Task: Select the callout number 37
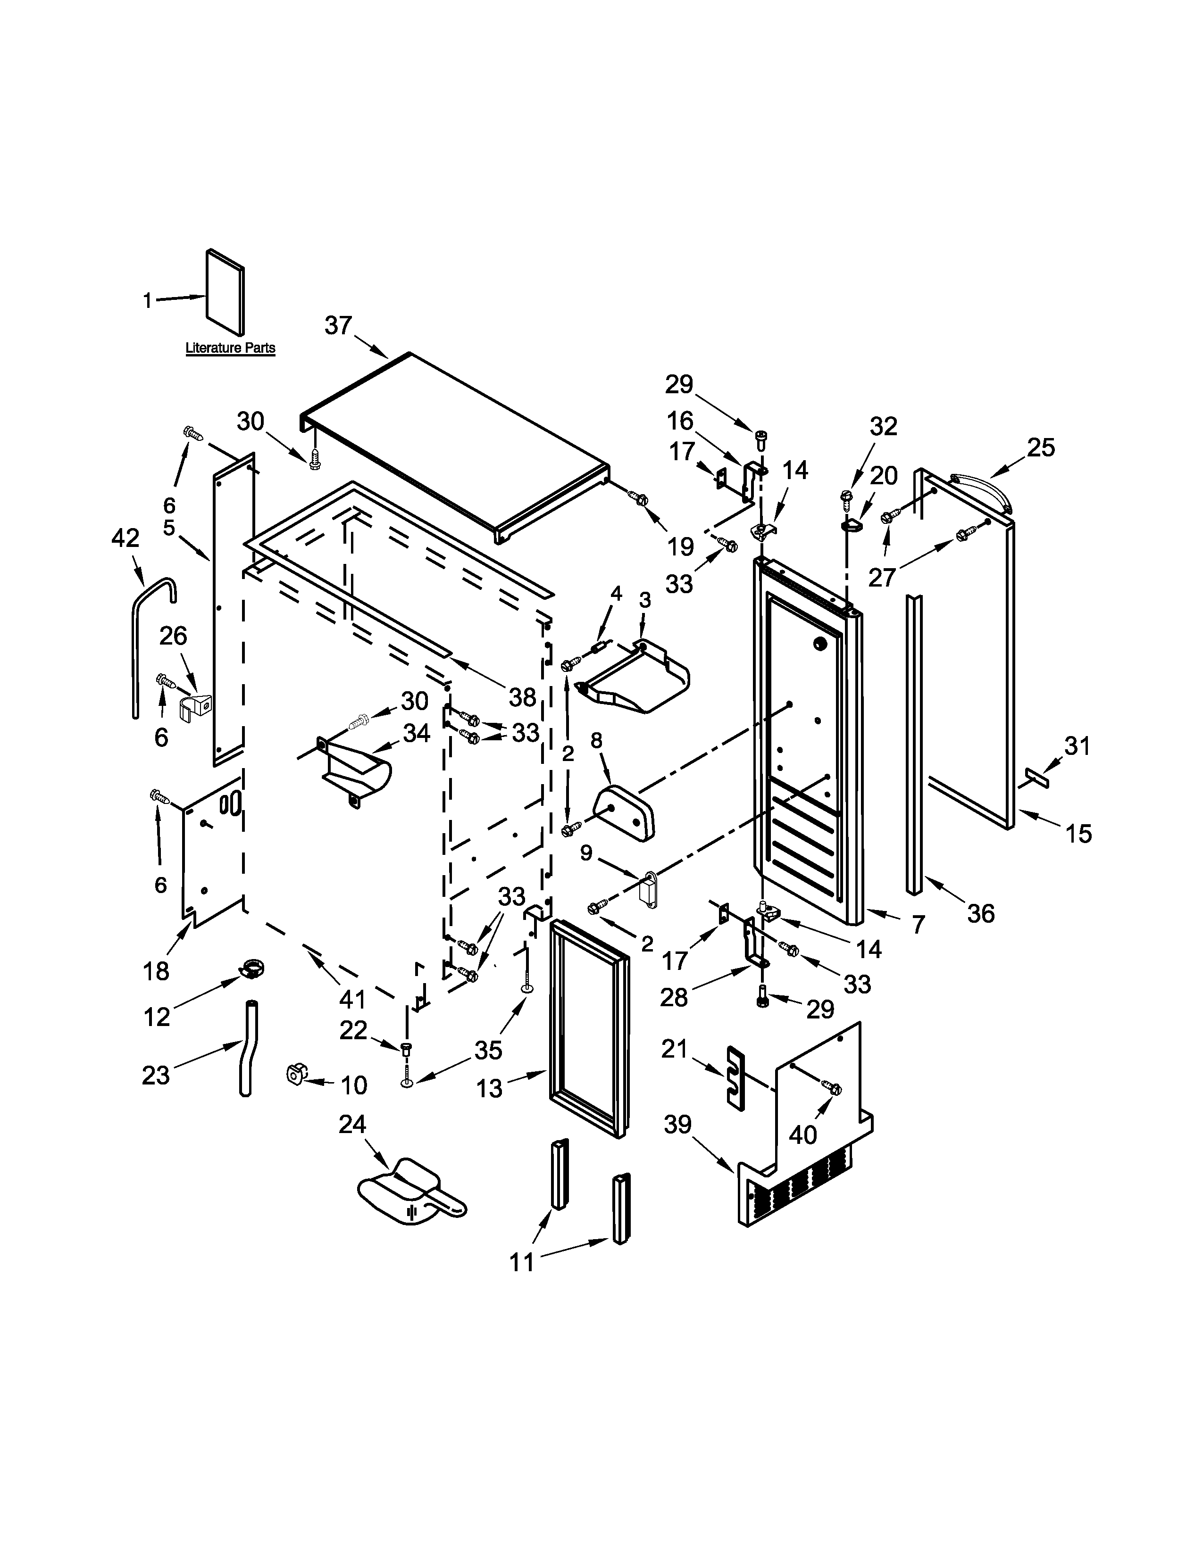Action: (339, 326)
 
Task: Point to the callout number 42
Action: (125, 538)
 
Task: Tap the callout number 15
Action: (1079, 833)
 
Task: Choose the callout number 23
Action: (155, 1075)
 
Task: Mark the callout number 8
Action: (596, 740)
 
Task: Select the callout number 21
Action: (674, 1048)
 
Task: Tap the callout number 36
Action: (981, 913)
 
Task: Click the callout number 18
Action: (156, 970)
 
